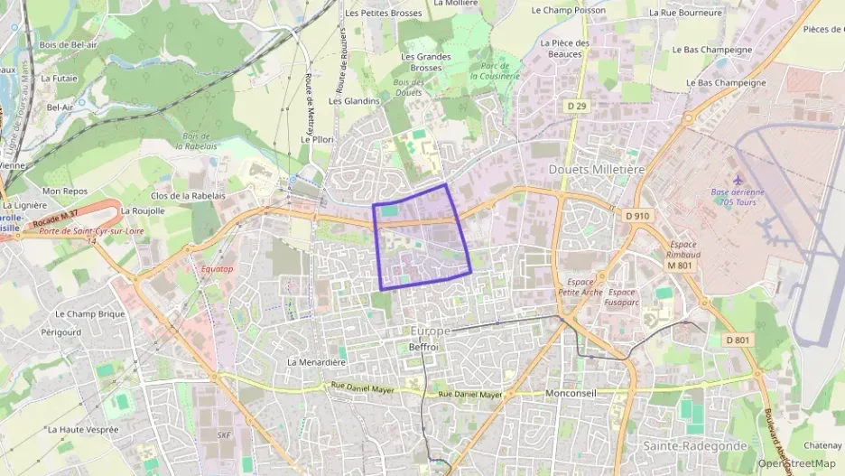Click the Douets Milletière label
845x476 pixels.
click(597, 169)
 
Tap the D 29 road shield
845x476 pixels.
click(577, 107)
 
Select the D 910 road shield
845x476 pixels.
click(636, 216)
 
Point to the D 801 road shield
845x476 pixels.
click(738, 340)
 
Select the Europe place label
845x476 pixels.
click(430, 331)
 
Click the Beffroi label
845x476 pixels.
click(423, 347)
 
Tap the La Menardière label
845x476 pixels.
click(317, 361)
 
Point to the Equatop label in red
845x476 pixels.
click(217, 269)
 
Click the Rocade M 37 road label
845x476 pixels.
click(55, 218)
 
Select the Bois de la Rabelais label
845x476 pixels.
click(196, 141)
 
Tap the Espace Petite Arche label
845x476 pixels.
click(580, 287)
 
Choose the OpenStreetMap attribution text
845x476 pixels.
click(796, 463)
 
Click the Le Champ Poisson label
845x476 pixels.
click(569, 11)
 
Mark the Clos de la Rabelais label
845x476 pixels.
click(186, 195)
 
